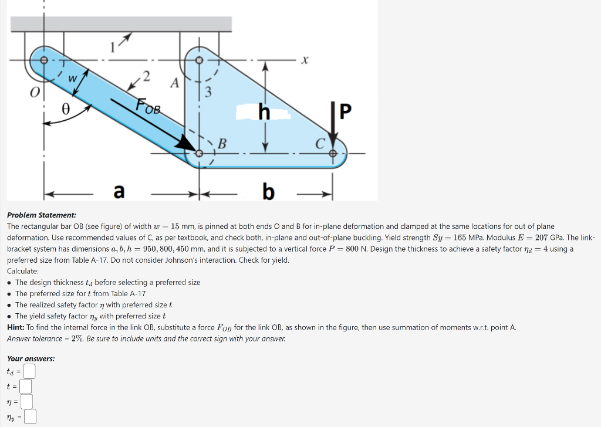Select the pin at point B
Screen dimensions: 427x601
(200, 153)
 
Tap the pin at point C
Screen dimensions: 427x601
(333, 153)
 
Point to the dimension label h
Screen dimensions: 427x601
(265, 111)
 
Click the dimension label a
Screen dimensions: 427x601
(119, 191)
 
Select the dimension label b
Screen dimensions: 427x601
(268, 191)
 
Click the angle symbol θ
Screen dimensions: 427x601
(66, 108)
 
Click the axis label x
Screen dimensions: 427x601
(305, 60)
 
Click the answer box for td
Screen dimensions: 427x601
(29, 371)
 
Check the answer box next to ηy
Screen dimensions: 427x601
(31, 418)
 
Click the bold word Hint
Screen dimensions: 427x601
(16, 327)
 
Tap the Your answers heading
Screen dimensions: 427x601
(31, 358)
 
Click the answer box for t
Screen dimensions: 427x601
(25, 387)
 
